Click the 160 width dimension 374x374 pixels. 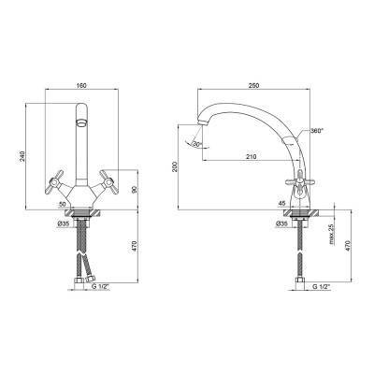coord(81,85)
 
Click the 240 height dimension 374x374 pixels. coord(22,156)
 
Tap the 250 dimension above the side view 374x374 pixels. coord(254,85)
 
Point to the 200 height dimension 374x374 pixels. coord(175,166)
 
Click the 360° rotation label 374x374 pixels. coord(317,131)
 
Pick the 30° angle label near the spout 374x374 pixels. coord(196,144)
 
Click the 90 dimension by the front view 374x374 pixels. coord(135,190)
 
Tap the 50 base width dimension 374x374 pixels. coord(62,204)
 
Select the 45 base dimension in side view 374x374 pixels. coord(281,204)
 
